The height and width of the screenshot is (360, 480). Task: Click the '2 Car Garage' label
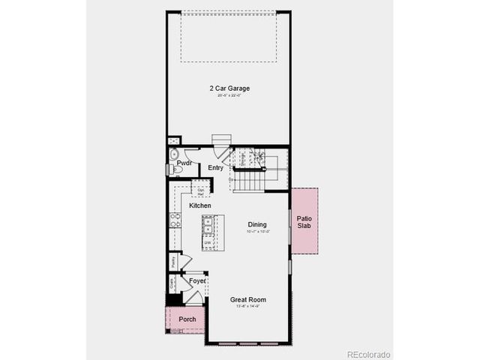(229, 88)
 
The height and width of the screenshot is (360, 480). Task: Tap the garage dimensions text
(229, 95)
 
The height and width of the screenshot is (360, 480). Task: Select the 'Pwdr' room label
(184, 163)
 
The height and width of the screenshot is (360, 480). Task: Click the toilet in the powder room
(177, 169)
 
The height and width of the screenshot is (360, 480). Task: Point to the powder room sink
(174, 154)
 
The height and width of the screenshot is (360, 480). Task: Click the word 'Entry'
(216, 168)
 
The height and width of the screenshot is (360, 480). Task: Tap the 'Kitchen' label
(199, 205)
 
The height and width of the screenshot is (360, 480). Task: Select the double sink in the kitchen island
(208, 226)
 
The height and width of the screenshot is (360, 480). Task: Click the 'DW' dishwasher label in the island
(207, 242)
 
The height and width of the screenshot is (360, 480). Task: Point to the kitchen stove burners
(175, 220)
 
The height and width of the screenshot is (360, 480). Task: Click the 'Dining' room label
(257, 224)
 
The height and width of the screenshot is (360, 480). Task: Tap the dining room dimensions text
(257, 232)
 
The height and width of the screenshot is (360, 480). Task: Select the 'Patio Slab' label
(304, 222)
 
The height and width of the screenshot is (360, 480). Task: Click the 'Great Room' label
(247, 300)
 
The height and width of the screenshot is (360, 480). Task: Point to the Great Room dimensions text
(247, 307)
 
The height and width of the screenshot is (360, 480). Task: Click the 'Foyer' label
(197, 280)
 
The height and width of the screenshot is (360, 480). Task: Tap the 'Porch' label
(187, 319)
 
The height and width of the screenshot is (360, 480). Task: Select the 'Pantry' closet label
(173, 261)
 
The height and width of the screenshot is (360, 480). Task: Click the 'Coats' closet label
(172, 283)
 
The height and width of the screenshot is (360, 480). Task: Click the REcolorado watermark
(367, 354)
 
